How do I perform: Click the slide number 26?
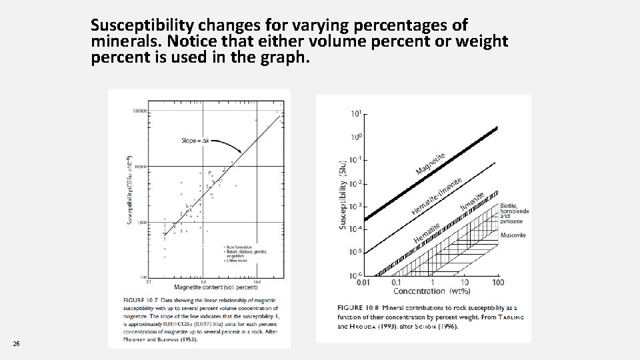16,343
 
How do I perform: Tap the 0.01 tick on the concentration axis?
363,283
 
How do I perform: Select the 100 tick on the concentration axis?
497,283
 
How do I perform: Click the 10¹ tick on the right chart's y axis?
356,115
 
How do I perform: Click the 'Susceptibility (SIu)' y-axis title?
343,195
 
